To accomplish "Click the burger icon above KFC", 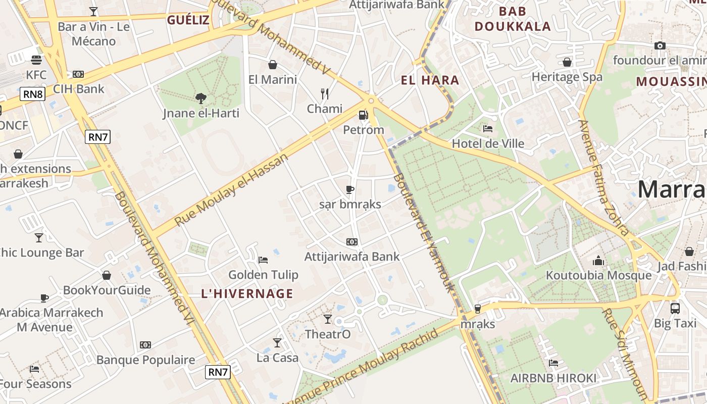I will click(x=36, y=60).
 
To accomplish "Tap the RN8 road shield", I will click(x=33, y=94).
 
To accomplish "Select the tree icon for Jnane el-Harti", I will click(x=201, y=98).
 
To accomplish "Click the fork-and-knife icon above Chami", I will click(x=325, y=93).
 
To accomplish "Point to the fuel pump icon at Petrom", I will click(x=363, y=115).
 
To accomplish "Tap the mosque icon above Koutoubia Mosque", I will click(x=598, y=261).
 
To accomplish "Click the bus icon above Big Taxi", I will click(x=675, y=308).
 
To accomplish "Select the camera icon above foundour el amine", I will click(x=660, y=45).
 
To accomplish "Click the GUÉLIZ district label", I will click(x=188, y=20).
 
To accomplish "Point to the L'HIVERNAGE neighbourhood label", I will click(x=247, y=293).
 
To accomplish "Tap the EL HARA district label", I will click(x=430, y=80).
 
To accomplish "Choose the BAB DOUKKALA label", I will click(x=513, y=19).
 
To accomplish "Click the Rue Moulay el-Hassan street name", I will click(x=232, y=189).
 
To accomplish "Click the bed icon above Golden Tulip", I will click(x=263, y=260).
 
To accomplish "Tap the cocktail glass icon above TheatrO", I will click(x=328, y=319).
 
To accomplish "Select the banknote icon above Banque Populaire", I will click(x=145, y=345).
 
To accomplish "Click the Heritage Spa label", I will click(x=567, y=77).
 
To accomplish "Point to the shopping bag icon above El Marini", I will click(x=273, y=65).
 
